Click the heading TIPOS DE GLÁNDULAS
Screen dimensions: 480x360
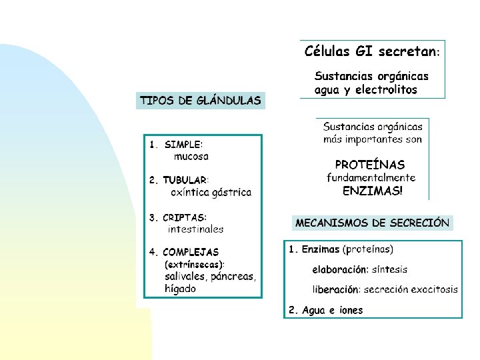tap(200, 101)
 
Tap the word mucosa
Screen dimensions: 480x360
tap(191, 157)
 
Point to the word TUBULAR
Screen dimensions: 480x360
tap(185, 180)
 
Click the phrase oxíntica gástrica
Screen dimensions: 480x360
tap(211, 193)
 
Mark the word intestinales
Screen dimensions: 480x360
tap(196, 229)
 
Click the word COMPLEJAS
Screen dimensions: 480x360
tap(191, 253)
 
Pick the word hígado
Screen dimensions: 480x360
tap(181, 289)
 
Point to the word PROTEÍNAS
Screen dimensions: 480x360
tap(370, 165)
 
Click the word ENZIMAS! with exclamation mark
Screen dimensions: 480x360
tap(373, 191)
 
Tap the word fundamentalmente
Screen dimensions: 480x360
tap(371, 178)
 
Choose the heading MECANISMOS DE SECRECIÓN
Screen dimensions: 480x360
tap(373, 223)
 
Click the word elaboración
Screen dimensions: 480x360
tap(339, 270)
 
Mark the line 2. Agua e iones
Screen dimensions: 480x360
tap(326, 310)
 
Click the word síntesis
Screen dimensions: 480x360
tap(391, 270)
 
